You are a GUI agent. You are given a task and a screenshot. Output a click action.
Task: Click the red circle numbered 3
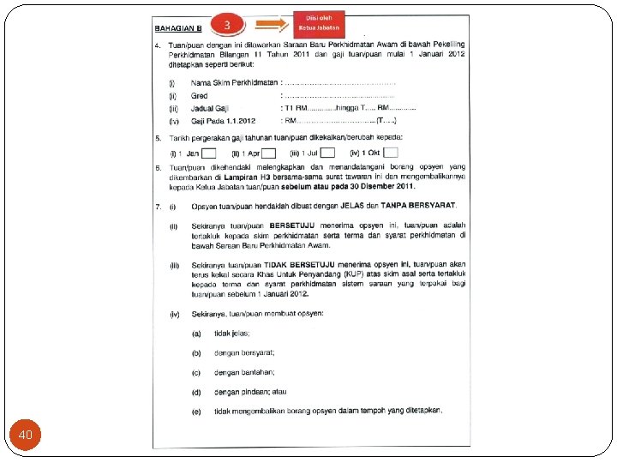[227, 25]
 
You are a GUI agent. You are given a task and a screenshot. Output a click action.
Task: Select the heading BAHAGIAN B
[177, 28]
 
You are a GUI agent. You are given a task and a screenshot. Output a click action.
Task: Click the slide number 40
[26, 435]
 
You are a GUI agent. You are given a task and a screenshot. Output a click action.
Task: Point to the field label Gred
[200, 96]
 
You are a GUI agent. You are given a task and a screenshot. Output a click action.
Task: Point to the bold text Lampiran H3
[256, 179]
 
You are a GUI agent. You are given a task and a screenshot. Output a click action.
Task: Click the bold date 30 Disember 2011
[375, 187]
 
